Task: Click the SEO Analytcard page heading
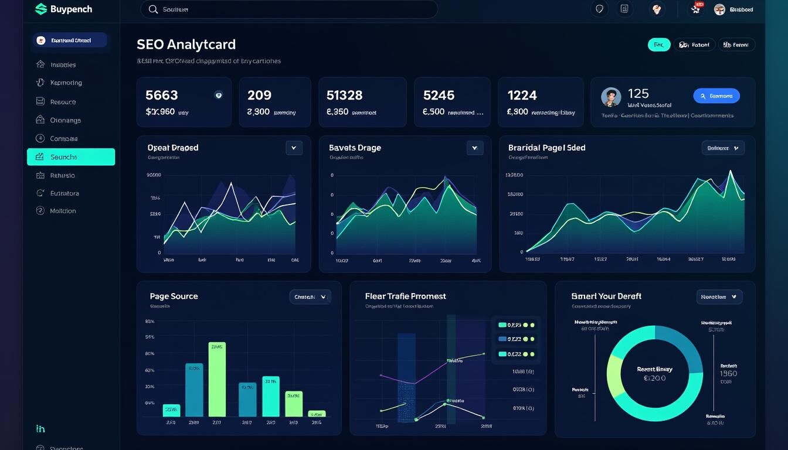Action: tap(186, 45)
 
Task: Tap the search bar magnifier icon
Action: tap(153, 9)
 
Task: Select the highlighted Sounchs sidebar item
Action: tap(71, 157)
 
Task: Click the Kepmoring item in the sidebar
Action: tap(66, 83)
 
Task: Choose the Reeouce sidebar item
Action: tap(63, 102)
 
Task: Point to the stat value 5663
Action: tap(161, 95)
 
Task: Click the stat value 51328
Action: tap(344, 95)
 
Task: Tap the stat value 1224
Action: tap(522, 95)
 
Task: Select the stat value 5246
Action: tap(439, 95)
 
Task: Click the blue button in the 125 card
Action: tap(716, 96)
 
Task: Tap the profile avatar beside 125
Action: tap(611, 97)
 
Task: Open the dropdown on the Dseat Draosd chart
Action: tap(294, 148)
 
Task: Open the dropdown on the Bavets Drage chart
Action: tap(474, 148)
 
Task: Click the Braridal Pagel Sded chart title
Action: tap(546, 148)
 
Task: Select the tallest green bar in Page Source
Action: tap(217, 379)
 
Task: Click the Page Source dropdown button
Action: tap(310, 297)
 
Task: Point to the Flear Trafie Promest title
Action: tap(405, 296)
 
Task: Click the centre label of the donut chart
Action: tap(654, 374)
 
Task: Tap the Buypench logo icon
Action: tap(40, 9)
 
